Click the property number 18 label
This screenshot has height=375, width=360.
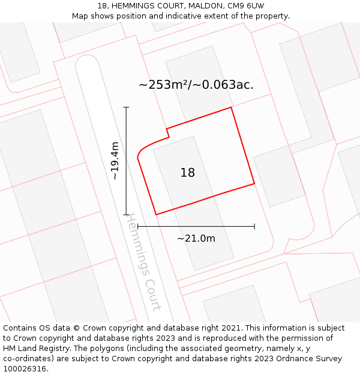188,173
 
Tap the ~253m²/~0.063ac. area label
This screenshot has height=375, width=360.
196,85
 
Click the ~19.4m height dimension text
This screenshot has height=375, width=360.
115,161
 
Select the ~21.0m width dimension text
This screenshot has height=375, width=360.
196,238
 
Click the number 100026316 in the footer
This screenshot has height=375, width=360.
25,368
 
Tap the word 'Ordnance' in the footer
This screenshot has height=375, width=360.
290,359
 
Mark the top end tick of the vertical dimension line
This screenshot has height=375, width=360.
126,107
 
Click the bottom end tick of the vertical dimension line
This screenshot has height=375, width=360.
126,214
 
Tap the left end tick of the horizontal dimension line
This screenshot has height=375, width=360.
138,226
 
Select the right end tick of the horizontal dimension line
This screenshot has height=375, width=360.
254,226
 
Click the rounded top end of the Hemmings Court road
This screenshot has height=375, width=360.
87,60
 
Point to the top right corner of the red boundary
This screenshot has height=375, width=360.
231,108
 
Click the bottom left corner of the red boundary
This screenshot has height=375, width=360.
156,214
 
